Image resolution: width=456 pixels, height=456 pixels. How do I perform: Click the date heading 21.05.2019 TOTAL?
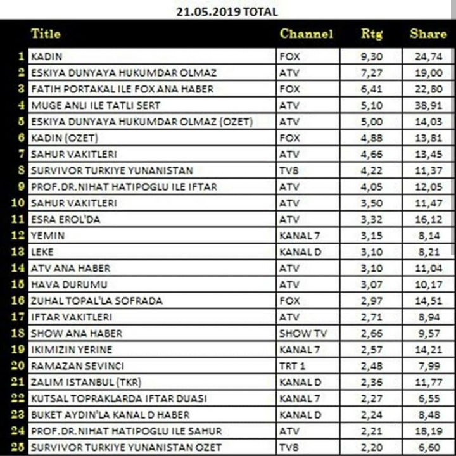pos(227,11)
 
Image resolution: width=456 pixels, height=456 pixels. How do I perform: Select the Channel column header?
pos(306,34)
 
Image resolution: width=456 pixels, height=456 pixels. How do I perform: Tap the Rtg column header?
pos(372,34)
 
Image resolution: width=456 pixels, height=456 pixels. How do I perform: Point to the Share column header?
pos(428,34)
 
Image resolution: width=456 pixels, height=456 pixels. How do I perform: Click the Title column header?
pos(46,34)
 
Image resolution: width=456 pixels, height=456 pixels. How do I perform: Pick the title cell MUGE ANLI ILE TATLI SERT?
pos(96,105)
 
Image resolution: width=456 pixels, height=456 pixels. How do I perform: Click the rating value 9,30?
pos(372,56)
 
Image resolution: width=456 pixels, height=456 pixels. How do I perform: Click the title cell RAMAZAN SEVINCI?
pos(77,366)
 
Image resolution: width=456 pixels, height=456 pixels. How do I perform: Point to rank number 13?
pos(17,252)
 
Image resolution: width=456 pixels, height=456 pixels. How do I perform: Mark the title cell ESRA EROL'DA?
pos(65,219)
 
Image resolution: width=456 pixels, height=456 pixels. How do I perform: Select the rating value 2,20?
pos(372,447)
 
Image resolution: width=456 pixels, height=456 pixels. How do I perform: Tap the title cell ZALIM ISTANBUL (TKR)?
pos(86,382)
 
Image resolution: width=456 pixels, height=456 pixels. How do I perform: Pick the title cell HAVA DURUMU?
pos(68,284)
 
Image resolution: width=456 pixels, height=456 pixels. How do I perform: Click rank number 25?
pos(17,447)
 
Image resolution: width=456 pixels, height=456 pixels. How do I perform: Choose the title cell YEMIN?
pos(47,236)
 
